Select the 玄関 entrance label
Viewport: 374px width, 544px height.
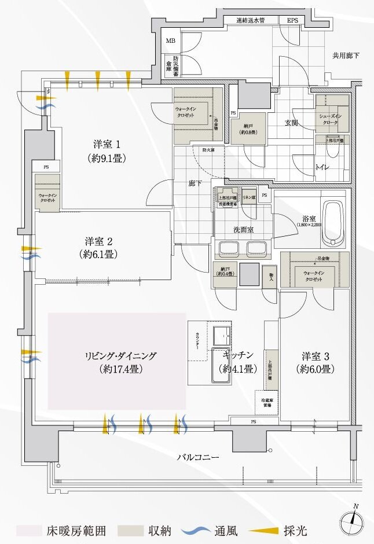click(291, 122)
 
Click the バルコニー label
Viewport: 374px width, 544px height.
click(198, 457)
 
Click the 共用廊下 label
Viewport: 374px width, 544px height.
click(346, 56)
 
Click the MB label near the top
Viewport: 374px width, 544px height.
click(171, 41)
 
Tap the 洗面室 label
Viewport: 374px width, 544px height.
click(244, 230)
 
